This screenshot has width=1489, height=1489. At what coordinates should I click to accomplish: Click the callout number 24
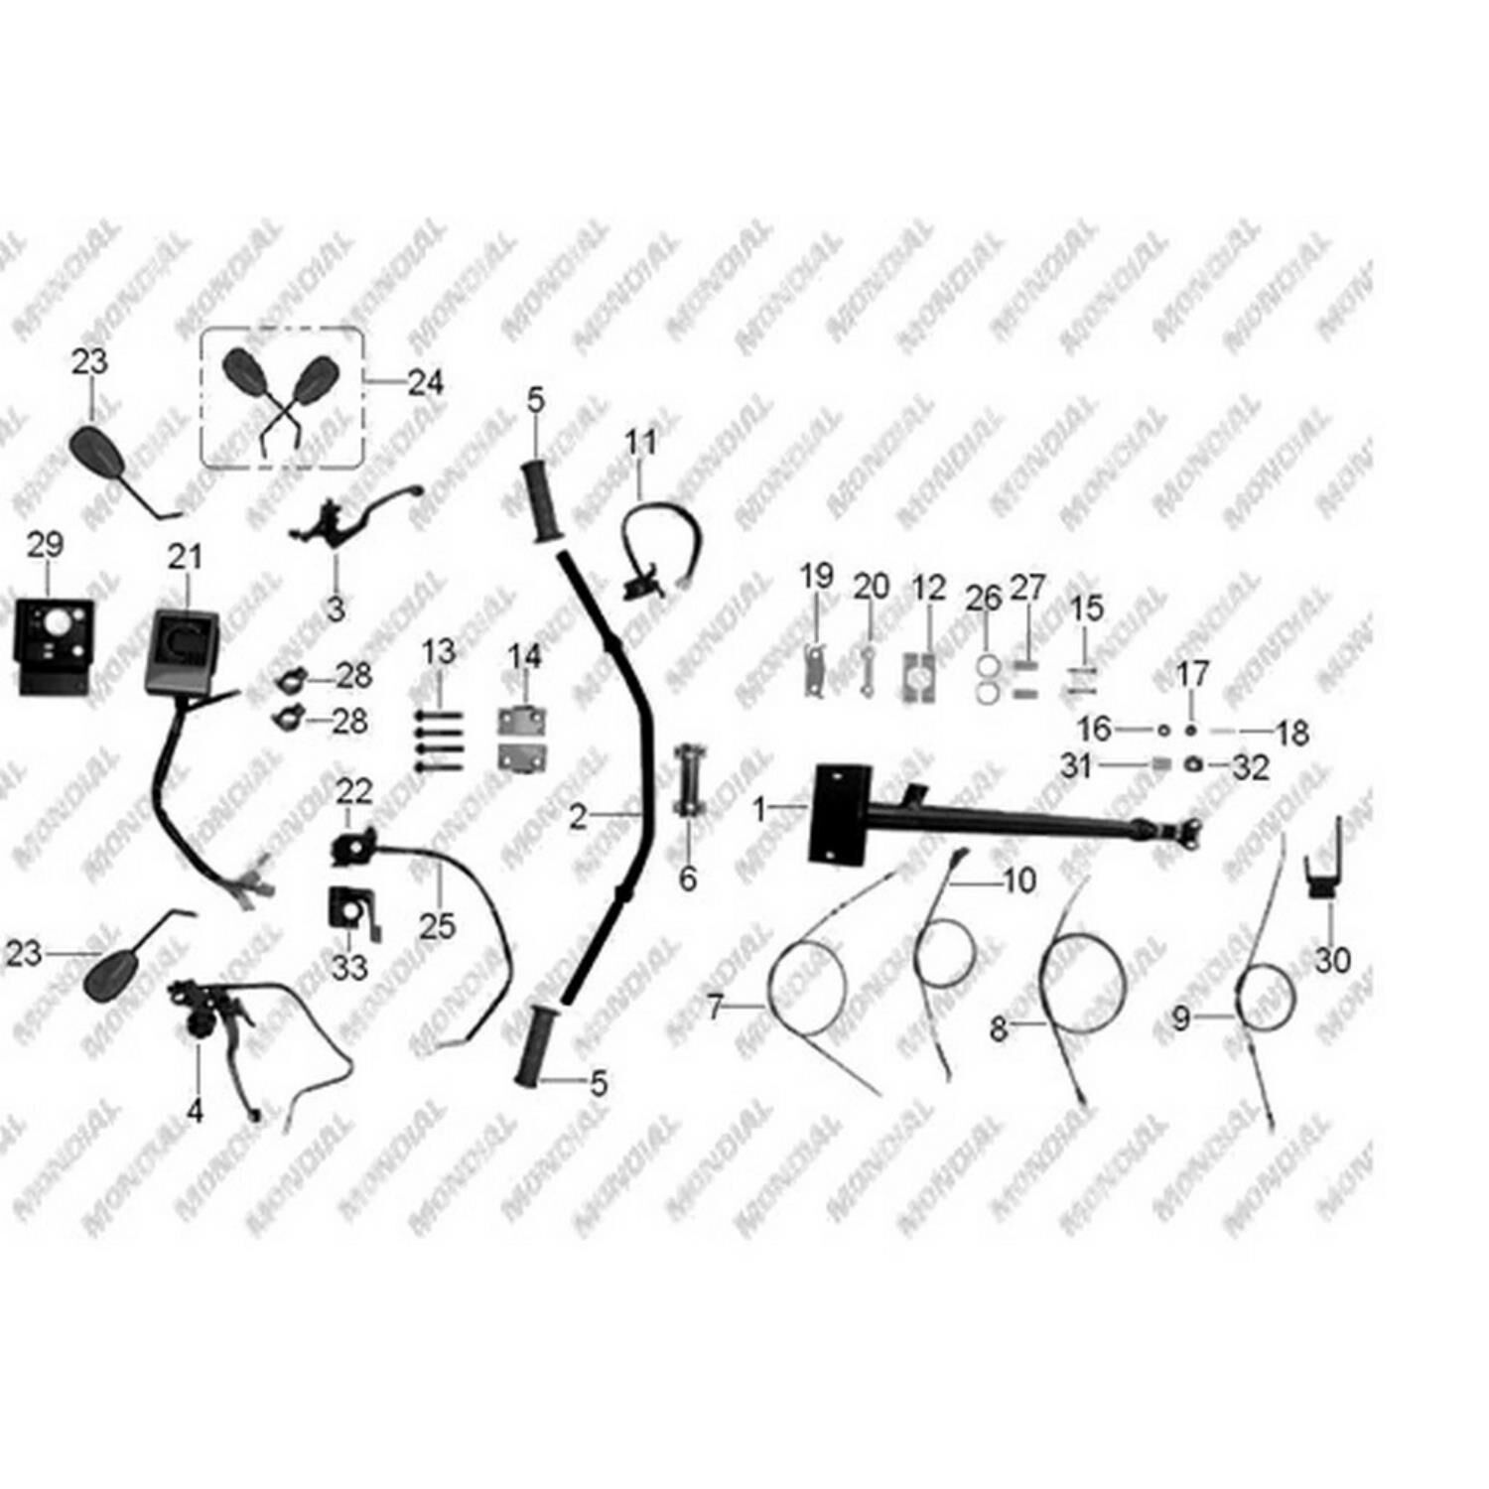(426, 383)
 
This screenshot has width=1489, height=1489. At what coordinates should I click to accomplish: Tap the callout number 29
(45, 545)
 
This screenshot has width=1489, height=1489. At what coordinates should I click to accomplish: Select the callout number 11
(641, 443)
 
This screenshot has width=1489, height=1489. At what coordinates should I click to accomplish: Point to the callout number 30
(1332, 960)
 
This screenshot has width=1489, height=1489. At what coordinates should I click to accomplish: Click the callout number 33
(349, 967)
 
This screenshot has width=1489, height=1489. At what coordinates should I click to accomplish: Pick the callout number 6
(688, 879)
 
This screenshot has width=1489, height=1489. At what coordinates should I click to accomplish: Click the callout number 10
(1019, 880)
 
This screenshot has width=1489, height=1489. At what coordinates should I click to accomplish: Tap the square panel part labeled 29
(55, 645)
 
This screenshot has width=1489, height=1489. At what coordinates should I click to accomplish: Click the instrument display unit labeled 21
(184, 651)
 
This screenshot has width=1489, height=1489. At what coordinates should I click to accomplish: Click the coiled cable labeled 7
(806, 989)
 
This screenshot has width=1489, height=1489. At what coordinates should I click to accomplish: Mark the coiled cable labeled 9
(1265, 996)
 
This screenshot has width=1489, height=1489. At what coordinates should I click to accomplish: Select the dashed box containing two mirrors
(282, 397)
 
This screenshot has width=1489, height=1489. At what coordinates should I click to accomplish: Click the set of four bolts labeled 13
(439, 741)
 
